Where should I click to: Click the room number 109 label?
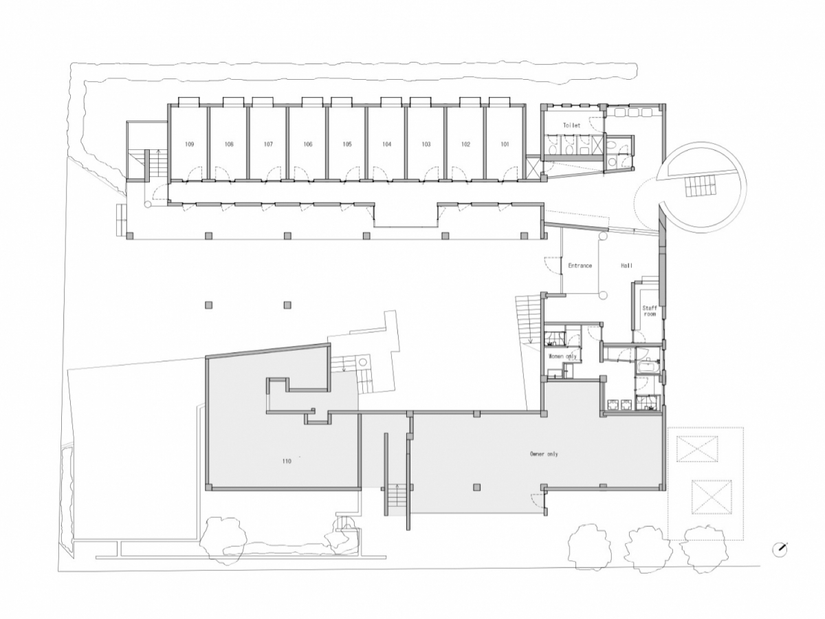[190, 144]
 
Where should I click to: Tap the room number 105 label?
[347, 144]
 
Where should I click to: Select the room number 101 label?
[505, 144]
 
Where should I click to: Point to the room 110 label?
[287, 461]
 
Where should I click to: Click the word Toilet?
[571, 125]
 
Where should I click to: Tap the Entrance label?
[580, 265]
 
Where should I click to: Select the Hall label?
[626, 265]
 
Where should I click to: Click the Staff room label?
[650, 311]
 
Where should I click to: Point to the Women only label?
[562, 356]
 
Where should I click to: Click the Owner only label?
[544, 454]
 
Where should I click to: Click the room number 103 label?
[426, 144]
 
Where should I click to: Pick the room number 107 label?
[268, 144]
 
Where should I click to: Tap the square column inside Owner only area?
[477, 488]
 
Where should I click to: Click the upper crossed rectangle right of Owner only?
[697, 449]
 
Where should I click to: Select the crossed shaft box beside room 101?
[533, 168]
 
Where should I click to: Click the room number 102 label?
[465, 144]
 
